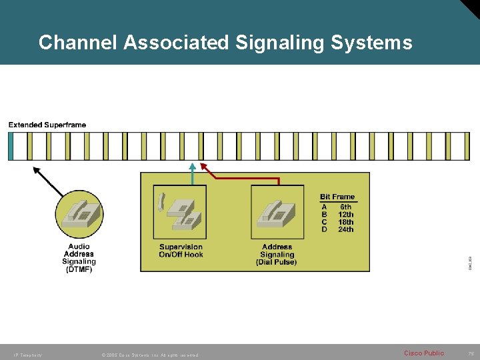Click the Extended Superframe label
pyautogui.click(x=47, y=125)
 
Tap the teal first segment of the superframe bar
pyautogui.click(x=10, y=147)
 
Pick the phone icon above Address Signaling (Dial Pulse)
pyautogui.click(x=277, y=211)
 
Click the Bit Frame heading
pyautogui.click(x=337, y=197)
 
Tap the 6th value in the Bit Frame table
pyautogui.click(x=345, y=207)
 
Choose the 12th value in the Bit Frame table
pyautogui.click(x=345, y=215)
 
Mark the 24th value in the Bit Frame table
pyautogui.click(x=345, y=229)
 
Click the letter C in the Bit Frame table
pyautogui.click(x=325, y=222)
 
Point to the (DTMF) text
pyautogui.click(x=79, y=270)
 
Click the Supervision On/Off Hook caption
pyautogui.click(x=181, y=251)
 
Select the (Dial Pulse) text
pyautogui.click(x=277, y=262)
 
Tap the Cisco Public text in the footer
pyautogui.click(x=423, y=353)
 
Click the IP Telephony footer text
pyautogui.click(x=27, y=355)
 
